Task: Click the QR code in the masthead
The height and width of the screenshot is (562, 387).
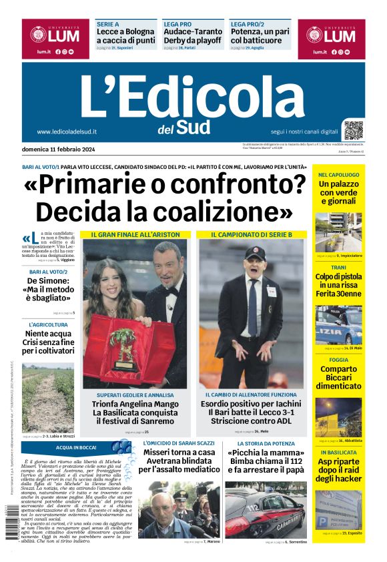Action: click(x=354, y=130)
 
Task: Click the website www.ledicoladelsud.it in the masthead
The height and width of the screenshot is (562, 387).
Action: click(x=67, y=131)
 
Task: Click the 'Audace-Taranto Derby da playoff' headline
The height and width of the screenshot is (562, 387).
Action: click(x=191, y=36)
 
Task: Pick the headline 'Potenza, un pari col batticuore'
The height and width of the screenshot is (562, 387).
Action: click(x=260, y=36)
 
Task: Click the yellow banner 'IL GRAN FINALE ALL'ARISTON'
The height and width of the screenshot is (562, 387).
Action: click(x=135, y=235)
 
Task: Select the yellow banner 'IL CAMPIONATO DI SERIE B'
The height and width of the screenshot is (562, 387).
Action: click(x=252, y=235)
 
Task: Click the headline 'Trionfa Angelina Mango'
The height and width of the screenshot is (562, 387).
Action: click(x=135, y=404)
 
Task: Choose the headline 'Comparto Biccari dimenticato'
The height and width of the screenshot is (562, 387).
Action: click(x=339, y=377)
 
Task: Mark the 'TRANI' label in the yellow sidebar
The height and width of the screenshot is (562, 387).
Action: click(x=339, y=266)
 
